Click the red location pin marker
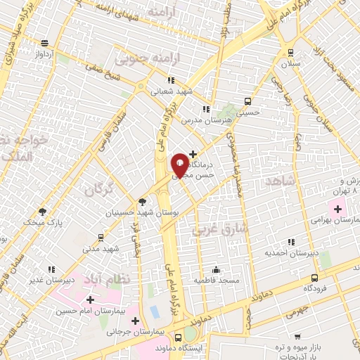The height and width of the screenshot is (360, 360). point(179,165)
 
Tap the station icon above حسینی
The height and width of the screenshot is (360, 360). point(247,101)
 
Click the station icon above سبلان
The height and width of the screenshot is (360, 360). point(290,53)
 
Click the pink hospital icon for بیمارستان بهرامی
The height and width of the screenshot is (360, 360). point(337,209)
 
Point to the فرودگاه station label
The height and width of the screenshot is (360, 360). point(317,288)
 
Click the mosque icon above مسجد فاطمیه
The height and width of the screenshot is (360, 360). point(216,269)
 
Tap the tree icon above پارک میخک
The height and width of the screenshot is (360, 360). point(42,211)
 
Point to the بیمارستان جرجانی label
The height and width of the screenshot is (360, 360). point(136,331)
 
